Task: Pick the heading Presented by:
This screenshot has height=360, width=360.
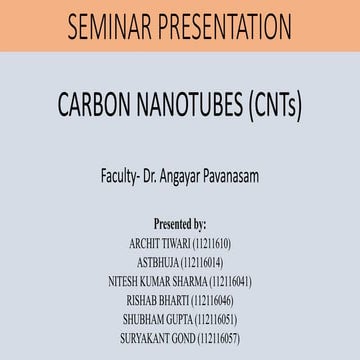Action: [180, 224]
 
